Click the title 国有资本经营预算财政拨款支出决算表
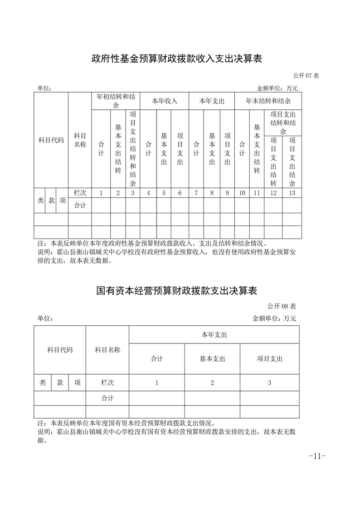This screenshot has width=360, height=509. point(177,290)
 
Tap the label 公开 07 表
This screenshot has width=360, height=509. point(306,75)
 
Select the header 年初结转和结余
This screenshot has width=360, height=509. point(116,101)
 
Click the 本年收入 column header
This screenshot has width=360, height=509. point(164,101)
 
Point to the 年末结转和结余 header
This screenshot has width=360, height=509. point(268,101)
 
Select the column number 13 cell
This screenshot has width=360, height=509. point(292,193)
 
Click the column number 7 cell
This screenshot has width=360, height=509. point(196,193)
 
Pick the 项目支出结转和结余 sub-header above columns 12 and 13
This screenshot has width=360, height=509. point(283,122)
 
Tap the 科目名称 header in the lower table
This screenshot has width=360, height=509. point(107,350)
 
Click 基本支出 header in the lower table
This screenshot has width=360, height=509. point(212,358)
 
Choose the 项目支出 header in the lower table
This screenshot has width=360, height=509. point(269,358)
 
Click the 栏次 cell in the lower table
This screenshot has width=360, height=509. point(107,382)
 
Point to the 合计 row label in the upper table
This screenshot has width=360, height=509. point(80,206)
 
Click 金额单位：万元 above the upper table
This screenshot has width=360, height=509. point(277,88)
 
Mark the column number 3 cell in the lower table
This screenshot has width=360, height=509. point(269,382)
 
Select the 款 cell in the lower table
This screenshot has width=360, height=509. point(60,382)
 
